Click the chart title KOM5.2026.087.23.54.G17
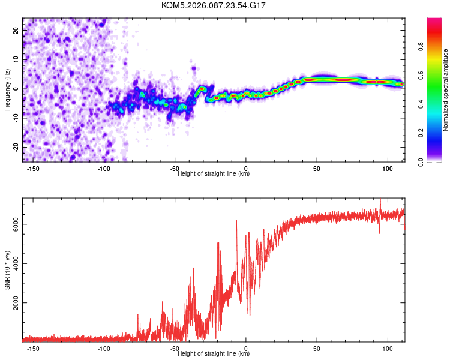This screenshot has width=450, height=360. tap(214, 5)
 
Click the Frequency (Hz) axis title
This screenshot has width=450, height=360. tap(7, 88)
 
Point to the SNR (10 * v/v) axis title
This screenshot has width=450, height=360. tap(7, 269)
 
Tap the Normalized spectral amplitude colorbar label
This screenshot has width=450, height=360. tap(446, 90)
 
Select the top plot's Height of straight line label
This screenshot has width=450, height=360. tap(214, 173)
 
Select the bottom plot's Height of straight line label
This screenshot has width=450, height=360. tap(214, 353)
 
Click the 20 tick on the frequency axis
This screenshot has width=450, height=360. tap(16, 30)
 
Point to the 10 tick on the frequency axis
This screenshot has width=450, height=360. tap(16, 59)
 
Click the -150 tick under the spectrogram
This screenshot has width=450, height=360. tap(33, 169)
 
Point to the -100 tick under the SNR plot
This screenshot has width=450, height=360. tap(104, 349)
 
